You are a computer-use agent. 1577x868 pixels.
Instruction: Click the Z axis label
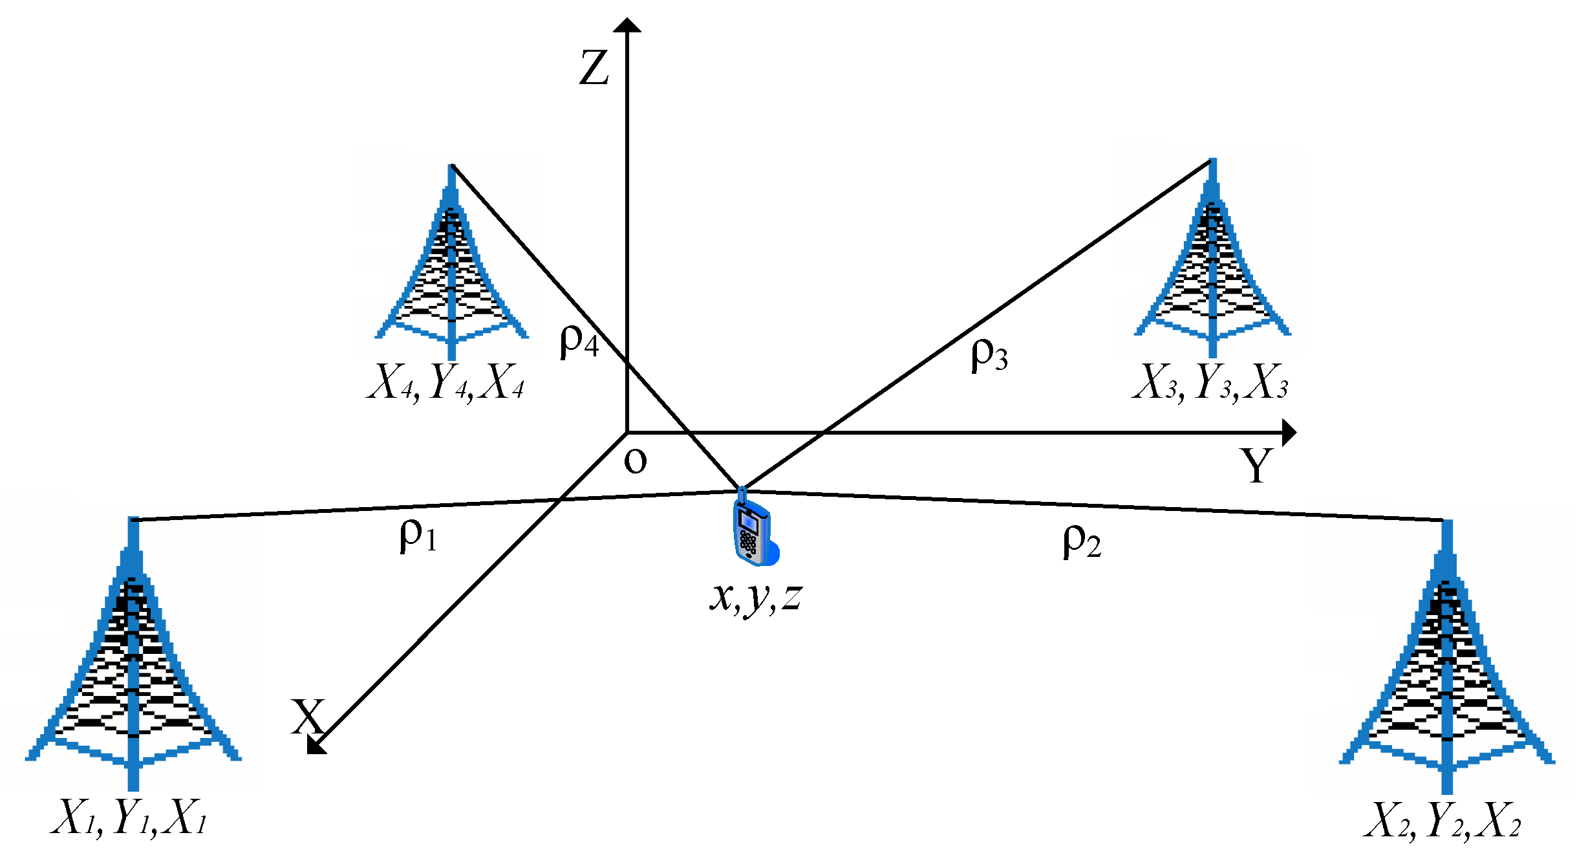click(x=594, y=68)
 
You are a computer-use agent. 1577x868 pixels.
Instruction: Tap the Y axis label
click(x=1256, y=466)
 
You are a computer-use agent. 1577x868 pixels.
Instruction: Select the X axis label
click(x=307, y=716)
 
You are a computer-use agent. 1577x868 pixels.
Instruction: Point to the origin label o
click(x=635, y=461)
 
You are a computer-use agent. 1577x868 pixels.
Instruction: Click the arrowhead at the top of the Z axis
click(x=627, y=25)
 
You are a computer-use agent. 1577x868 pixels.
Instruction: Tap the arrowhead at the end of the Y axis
click(x=1289, y=432)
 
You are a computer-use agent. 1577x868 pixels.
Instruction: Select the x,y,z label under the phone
click(x=756, y=597)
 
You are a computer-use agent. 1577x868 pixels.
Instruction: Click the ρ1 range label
click(x=418, y=535)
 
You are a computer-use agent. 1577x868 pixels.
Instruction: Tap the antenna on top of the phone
click(x=742, y=496)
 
